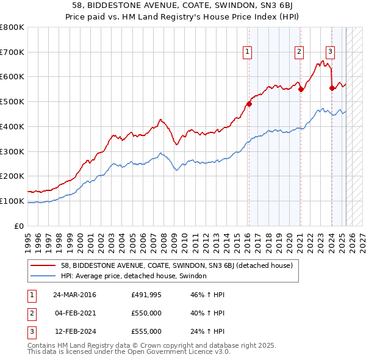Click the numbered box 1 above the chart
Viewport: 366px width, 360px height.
pyautogui.click(x=248, y=52)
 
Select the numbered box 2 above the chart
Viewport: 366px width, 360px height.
pyautogui.click(x=300, y=52)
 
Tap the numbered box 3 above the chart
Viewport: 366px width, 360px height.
pyautogui.click(x=330, y=52)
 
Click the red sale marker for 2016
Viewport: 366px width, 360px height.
pyautogui.click(x=249, y=103)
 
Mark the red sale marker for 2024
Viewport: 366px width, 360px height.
pyautogui.click(x=332, y=88)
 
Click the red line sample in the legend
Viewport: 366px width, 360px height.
pyautogui.click(x=43, y=265)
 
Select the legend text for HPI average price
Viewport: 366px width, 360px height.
pyautogui.click(x=134, y=276)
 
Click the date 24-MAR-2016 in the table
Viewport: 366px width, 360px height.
pyautogui.click(x=74, y=295)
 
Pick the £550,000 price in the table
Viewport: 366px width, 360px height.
pyautogui.click(x=146, y=313)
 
